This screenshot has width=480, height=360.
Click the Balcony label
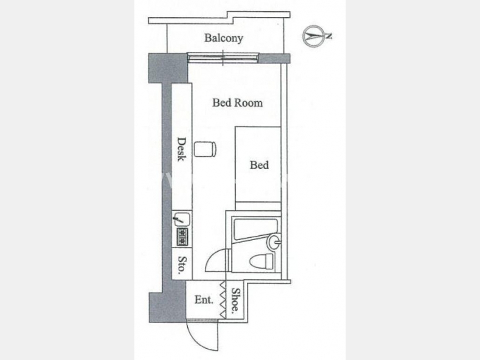(223, 38)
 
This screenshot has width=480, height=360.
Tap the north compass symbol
(314, 36)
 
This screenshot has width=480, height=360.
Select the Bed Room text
(237, 102)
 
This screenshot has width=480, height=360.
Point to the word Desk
(181, 149)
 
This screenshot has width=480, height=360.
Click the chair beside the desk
(205, 149)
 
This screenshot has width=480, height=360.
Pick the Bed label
(259, 165)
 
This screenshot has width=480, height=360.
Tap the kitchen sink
(181, 219)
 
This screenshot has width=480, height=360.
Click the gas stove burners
(182, 237)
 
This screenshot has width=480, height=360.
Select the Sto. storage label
(182, 264)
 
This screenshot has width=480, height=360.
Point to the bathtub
(255, 229)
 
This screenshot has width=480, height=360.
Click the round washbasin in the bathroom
(274, 242)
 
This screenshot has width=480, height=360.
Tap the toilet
(261, 261)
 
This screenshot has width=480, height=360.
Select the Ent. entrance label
(204, 299)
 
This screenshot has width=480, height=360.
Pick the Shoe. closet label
(235, 299)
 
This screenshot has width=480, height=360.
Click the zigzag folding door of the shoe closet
(223, 300)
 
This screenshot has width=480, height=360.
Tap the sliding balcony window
(223, 57)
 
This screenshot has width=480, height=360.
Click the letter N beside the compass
(329, 36)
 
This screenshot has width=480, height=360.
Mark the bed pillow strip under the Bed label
(258, 206)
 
